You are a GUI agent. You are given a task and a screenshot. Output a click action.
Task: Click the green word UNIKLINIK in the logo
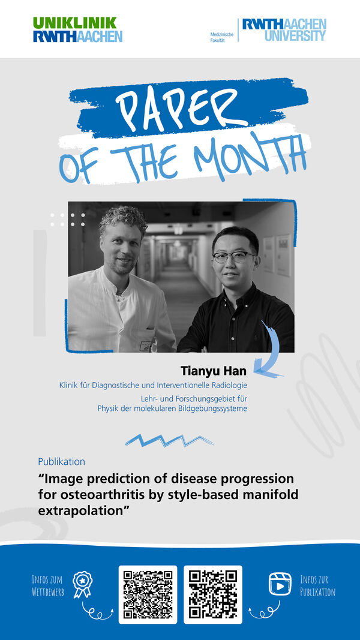pos(75,23)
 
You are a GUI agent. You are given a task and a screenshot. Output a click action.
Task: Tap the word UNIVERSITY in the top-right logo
pos(295,35)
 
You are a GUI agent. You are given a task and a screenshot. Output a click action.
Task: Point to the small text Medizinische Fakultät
pos(222,38)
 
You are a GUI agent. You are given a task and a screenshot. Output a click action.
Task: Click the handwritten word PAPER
pos(182,108)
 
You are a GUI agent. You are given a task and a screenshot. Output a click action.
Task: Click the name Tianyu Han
pos(214,371)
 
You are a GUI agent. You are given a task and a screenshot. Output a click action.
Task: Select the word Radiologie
pos(228,385)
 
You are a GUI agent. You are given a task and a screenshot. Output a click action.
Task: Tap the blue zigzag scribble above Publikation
pos(169,440)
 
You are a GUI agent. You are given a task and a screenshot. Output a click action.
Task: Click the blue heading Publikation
pos(62,462)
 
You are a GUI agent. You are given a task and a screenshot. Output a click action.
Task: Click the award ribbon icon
pos(83,584)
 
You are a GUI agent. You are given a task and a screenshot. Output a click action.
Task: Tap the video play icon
pos(280,584)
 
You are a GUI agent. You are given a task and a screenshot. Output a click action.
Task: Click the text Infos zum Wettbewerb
pos(48,585)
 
